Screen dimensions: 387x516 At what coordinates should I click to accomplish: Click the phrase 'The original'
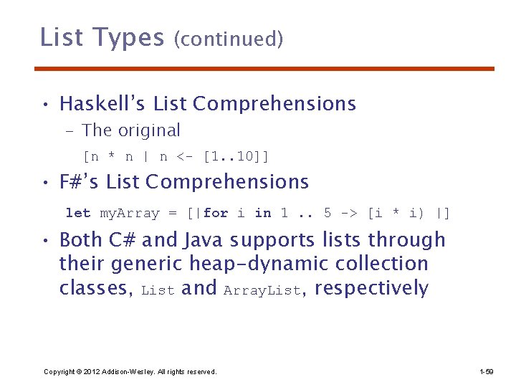pyautogui.click(x=131, y=130)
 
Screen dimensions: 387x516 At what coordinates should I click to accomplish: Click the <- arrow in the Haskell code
pyautogui.click(x=186, y=156)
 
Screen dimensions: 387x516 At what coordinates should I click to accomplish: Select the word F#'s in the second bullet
pyautogui.click(x=80, y=182)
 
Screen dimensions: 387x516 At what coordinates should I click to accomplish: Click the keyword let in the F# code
pyautogui.click(x=78, y=213)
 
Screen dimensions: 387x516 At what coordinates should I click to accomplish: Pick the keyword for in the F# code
pyautogui.click(x=216, y=213)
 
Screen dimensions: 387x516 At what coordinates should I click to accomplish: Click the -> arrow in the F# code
pyautogui.click(x=350, y=213)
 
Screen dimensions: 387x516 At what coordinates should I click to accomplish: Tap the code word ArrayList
pyautogui.click(x=262, y=290)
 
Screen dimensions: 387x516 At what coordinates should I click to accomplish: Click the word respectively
pyautogui.click(x=371, y=289)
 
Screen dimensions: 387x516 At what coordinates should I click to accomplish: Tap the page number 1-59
pyautogui.click(x=486, y=371)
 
